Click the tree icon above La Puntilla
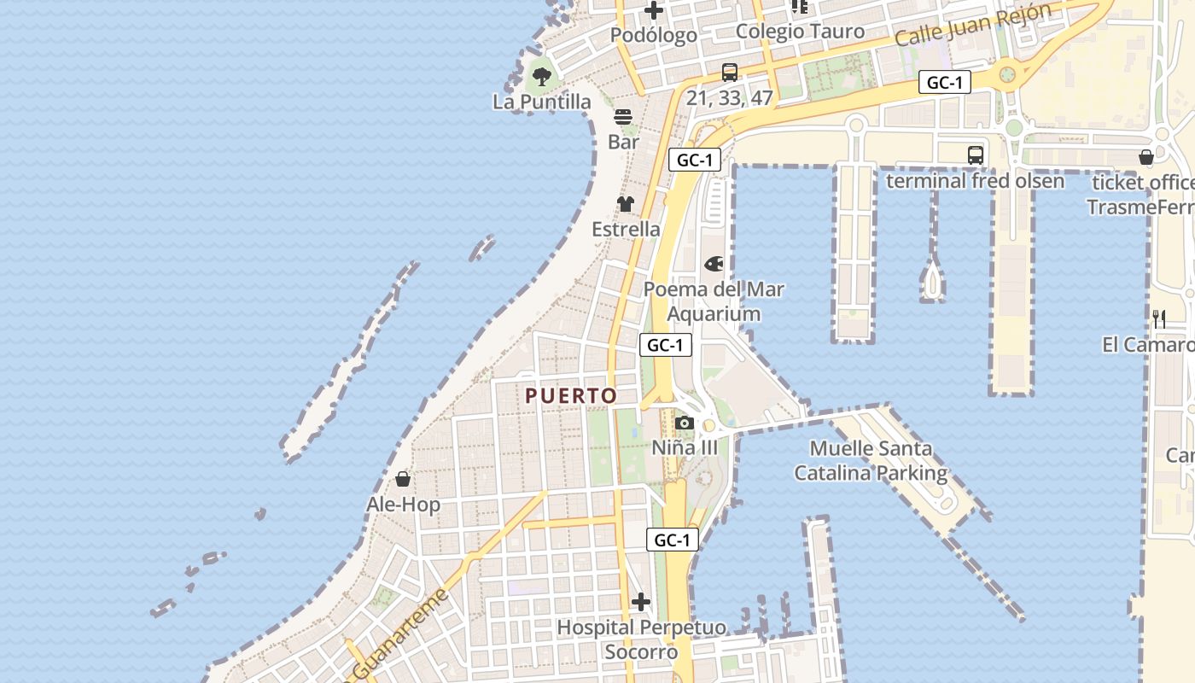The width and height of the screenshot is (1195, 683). point(541,77)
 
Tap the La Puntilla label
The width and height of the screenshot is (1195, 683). point(541,102)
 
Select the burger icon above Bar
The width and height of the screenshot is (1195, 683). point(624,117)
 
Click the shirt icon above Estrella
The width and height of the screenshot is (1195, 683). point(626,204)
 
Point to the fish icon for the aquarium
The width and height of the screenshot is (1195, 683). point(713,264)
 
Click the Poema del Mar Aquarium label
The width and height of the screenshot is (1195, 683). point(714,301)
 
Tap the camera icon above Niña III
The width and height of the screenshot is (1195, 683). point(684,423)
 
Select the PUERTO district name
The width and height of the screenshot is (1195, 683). point(571,396)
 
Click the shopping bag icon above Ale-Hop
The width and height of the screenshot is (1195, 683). point(403,479)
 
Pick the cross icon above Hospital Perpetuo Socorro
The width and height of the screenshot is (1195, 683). point(641,602)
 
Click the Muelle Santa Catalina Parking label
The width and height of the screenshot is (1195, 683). point(871,460)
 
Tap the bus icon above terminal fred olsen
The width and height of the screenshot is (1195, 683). point(976,155)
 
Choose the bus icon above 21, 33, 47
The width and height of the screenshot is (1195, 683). point(730,73)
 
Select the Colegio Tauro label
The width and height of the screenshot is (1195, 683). point(800,32)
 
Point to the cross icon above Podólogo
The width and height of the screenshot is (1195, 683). point(654,10)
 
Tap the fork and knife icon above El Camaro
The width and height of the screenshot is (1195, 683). point(1159,319)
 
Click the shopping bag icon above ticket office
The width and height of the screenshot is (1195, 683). point(1146,157)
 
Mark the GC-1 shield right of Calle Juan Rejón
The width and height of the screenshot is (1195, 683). point(945,83)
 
